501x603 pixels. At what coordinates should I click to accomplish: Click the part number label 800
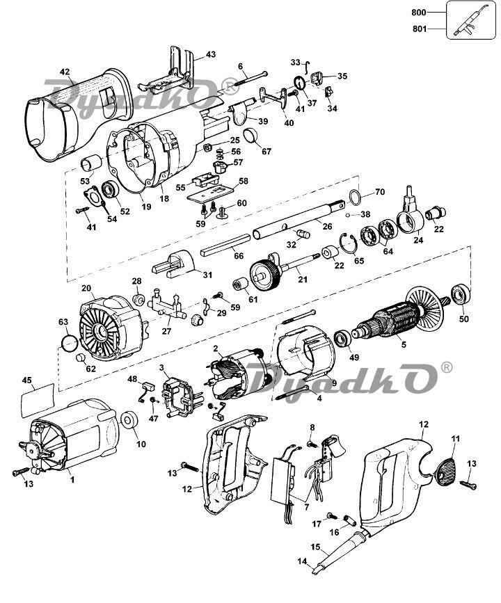pos(419,13)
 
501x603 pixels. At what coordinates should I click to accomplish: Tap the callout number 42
pos(65,72)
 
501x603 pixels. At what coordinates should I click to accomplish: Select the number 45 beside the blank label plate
pos(26,380)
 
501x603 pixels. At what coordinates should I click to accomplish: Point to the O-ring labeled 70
pos(356,196)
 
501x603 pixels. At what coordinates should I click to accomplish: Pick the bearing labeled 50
pos(460,295)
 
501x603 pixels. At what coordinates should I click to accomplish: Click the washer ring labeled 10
pos(129,419)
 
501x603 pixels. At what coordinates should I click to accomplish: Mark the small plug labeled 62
pos(81,357)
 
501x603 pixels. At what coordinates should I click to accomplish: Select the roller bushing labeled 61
pos(241,285)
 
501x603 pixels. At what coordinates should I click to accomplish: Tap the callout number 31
pos(208,275)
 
